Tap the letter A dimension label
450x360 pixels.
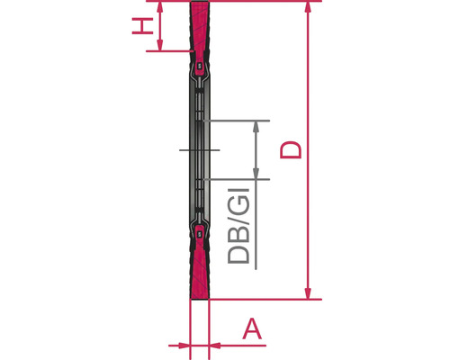[253, 328]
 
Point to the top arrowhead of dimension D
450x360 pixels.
[309, 8]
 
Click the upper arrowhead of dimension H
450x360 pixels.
[160, 7]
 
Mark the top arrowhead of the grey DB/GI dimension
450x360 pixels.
[256, 125]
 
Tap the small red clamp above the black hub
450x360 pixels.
[199, 66]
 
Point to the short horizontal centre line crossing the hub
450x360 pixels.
[199, 149]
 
